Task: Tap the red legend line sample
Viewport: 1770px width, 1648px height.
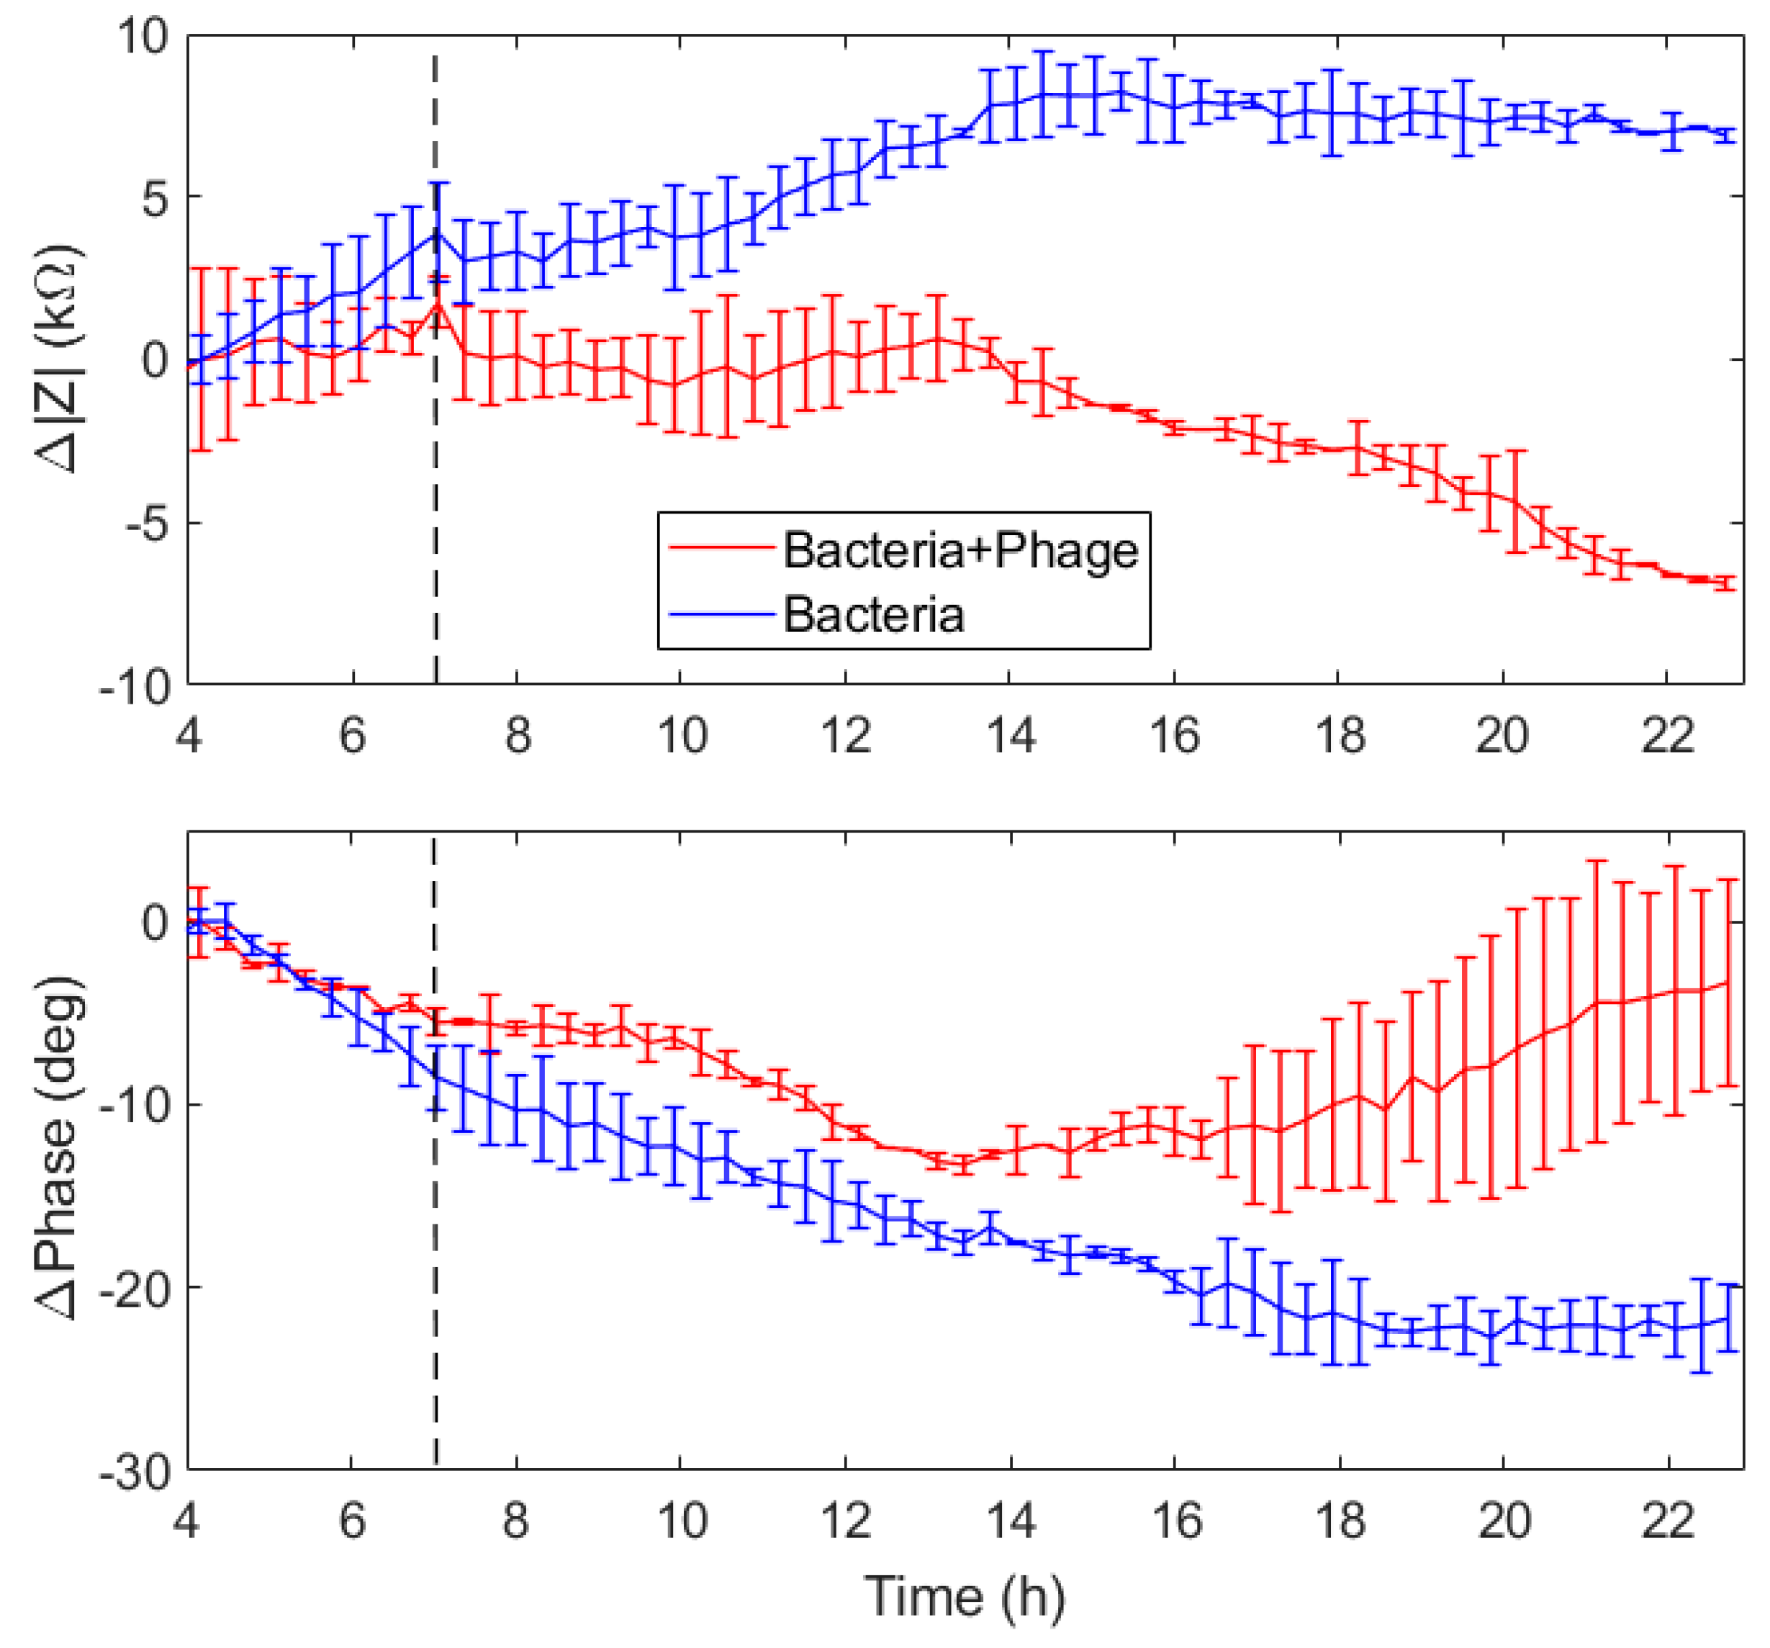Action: [x=719, y=549]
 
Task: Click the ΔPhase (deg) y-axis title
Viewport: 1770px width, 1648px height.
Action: [x=60, y=1149]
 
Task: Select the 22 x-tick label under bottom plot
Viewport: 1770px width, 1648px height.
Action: [x=1667, y=1520]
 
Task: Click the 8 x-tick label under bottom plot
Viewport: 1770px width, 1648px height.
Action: [x=516, y=1520]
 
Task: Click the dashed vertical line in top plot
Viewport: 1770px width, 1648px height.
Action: [x=435, y=490]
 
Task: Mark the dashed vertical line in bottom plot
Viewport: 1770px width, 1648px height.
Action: [x=435, y=1291]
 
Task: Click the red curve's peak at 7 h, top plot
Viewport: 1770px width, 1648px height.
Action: [x=437, y=305]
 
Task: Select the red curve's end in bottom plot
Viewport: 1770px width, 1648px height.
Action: [x=1728, y=982]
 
